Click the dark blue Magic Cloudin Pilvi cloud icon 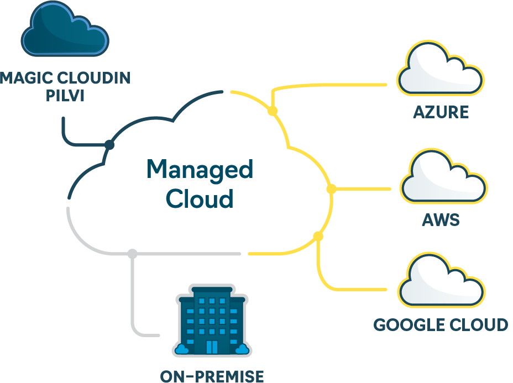point(65,29)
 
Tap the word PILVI point(65,96)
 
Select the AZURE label point(441,112)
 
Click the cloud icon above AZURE point(441,68)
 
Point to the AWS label point(441,220)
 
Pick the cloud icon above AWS point(444,176)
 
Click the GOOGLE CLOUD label point(441,325)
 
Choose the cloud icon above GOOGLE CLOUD point(441,280)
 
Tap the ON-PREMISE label point(212,376)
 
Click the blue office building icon point(212,321)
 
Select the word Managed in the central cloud point(200,170)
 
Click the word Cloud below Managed point(200,198)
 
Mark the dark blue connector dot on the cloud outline point(109,144)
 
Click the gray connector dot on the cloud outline point(132,254)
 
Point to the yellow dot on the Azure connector point(273,111)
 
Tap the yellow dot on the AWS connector point(332,189)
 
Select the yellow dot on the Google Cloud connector point(318,236)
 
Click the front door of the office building point(212,347)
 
